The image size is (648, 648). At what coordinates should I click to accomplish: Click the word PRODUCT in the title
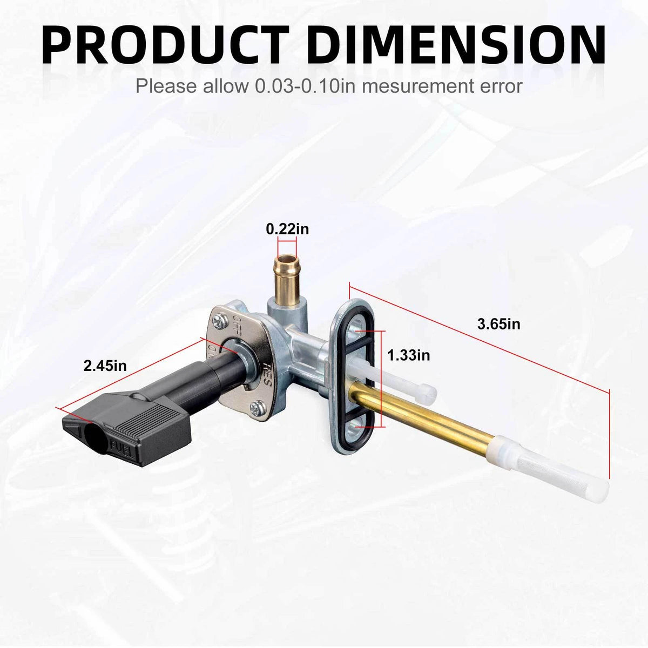click(x=165, y=45)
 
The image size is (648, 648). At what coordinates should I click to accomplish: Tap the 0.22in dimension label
click(x=287, y=230)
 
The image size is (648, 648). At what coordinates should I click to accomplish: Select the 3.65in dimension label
click(x=499, y=324)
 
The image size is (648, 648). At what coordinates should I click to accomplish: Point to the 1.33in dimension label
click(x=409, y=355)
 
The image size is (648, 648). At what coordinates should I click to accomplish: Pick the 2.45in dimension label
click(x=105, y=366)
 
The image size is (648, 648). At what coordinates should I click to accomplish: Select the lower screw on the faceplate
click(x=258, y=408)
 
